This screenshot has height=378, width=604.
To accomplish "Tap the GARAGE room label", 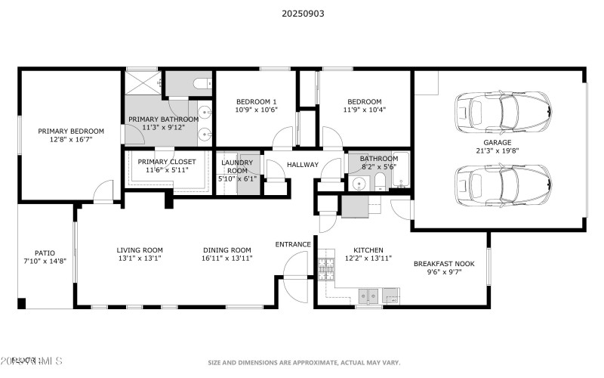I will pyautogui.click(x=498, y=142).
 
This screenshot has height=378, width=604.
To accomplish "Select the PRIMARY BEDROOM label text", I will pyautogui.click(x=71, y=131).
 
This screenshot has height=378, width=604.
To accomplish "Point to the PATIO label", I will pyautogui.click(x=45, y=253).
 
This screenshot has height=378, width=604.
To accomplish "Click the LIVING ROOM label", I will pyautogui.click(x=140, y=249).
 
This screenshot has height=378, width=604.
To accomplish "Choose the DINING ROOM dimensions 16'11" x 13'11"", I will pyautogui.click(x=226, y=259).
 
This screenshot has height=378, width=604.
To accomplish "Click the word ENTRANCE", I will pyautogui.click(x=293, y=244).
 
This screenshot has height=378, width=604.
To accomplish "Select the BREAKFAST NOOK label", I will pyautogui.click(x=444, y=264).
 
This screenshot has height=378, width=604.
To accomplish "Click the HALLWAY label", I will pyautogui.click(x=302, y=165).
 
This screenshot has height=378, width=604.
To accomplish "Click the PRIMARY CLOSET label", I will pyautogui.click(x=167, y=162).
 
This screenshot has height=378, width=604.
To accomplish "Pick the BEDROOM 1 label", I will pyautogui.click(x=257, y=101).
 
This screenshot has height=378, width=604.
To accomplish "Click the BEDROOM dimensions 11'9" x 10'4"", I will pyautogui.click(x=365, y=110).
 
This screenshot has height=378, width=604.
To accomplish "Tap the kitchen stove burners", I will pyautogui.click(x=327, y=268).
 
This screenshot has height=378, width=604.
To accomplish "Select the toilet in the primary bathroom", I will pyautogui.click(x=202, y=84).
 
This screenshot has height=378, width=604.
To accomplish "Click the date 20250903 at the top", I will pyautogui.click(x=302, y=13).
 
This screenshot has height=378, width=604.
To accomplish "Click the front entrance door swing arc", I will pyautogui.click(x=297, y=265).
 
